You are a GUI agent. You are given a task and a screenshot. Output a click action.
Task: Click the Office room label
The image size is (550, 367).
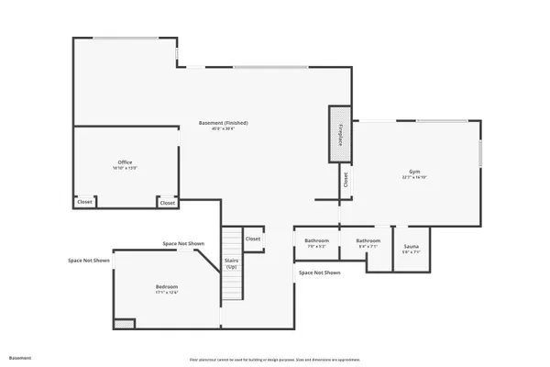[125, 162]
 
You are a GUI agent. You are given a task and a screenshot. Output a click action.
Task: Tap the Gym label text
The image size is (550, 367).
[414, 172]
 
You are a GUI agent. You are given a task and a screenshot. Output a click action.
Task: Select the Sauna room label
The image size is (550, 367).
[411, 246]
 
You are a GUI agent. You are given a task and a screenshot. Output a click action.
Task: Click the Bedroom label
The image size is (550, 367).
[166, 287]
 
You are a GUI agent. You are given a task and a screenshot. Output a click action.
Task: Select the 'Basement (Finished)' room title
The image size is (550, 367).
[224, 123]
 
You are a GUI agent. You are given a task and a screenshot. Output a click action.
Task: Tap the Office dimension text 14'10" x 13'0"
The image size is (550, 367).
[125, 169]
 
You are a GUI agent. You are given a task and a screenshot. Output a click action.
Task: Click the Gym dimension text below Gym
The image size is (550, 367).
[414, 178]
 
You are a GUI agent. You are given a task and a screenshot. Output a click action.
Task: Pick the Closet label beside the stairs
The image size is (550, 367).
[253, 239]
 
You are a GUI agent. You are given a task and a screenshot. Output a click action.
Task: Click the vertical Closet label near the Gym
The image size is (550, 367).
[346, 180]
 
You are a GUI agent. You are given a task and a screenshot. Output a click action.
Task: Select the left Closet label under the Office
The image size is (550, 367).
[84, 202]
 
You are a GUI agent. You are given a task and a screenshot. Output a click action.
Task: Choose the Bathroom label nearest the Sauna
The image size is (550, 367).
[355, 240]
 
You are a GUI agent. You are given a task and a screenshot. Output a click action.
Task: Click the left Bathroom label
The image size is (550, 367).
[316, 240]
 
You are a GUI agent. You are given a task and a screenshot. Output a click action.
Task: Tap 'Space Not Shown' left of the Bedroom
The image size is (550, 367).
[89, 261]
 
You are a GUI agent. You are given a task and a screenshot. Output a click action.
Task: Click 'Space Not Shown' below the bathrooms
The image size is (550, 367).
[319, 272]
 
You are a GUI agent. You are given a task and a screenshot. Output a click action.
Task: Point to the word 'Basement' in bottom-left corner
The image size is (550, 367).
[20, 357]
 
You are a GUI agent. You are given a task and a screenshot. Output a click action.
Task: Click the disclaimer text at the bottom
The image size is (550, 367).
[275, 360]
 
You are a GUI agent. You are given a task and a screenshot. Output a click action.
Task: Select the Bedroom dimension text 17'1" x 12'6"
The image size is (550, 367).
[166, 294]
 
